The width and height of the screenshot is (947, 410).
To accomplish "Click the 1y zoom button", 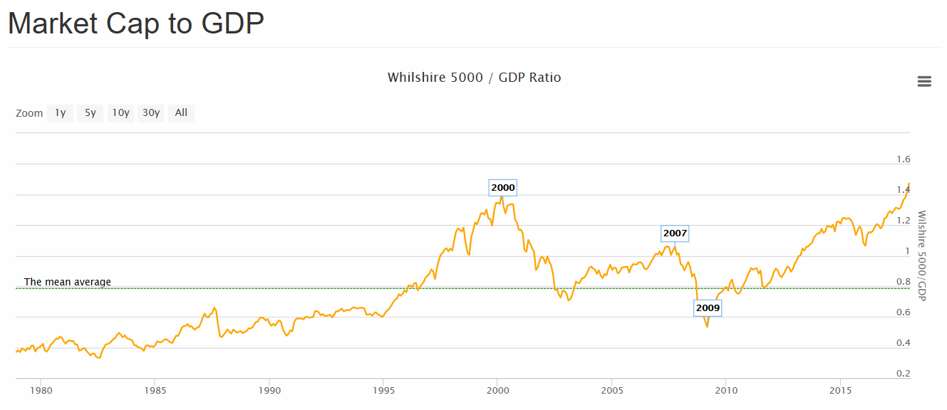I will point(61,112).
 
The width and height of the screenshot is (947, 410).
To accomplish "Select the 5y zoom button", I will point(90,112).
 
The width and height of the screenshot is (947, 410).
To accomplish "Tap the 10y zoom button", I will point(120,112).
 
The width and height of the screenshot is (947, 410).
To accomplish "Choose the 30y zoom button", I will point(150,112).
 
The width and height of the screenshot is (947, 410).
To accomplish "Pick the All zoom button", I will point(181,112).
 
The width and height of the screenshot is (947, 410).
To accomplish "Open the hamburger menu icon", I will point(924,81).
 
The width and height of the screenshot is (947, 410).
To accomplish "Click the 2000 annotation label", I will point(502,188).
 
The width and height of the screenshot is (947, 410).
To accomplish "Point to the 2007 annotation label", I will point(675,233).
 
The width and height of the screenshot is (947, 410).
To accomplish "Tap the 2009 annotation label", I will point(708,308).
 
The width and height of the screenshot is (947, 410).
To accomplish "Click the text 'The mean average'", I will point(68,282).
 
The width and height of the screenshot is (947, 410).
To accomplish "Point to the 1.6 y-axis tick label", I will point(904,159).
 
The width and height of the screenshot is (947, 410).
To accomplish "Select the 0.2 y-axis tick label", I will point(904,374).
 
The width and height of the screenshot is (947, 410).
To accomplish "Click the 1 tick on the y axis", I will point(907,251).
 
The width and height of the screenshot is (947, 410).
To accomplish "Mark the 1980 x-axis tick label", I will point(41,391).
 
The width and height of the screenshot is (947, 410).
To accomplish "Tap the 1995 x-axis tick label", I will point(383,391).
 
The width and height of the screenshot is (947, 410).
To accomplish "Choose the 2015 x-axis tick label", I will point(841,391).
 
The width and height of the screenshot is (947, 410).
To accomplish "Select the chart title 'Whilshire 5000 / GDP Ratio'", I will point(474,78).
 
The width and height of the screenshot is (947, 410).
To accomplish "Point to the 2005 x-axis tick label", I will point(612,391).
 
